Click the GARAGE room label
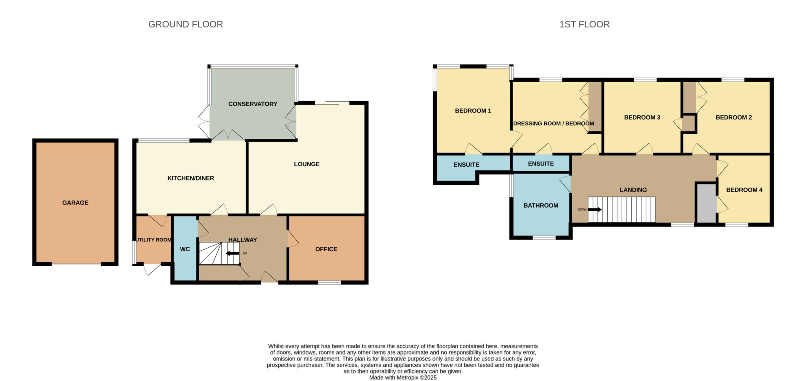point(75,203)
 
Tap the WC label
point(185,249)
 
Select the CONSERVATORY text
point(253,104)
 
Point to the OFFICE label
point(326,249)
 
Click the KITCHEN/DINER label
point(190,178)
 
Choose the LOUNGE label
point(307,164)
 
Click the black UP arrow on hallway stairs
point(233,253)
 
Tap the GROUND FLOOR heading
point(185,24)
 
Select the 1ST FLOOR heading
point(584,24)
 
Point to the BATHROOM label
point(541,206)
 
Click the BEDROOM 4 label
point(744,190)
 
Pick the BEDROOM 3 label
point(642,117)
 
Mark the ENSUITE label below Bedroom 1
point(466,165)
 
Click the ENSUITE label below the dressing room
point(541,164)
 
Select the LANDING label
point(633,190)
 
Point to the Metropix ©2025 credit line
point(403,377)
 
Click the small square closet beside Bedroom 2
point(688,123)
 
